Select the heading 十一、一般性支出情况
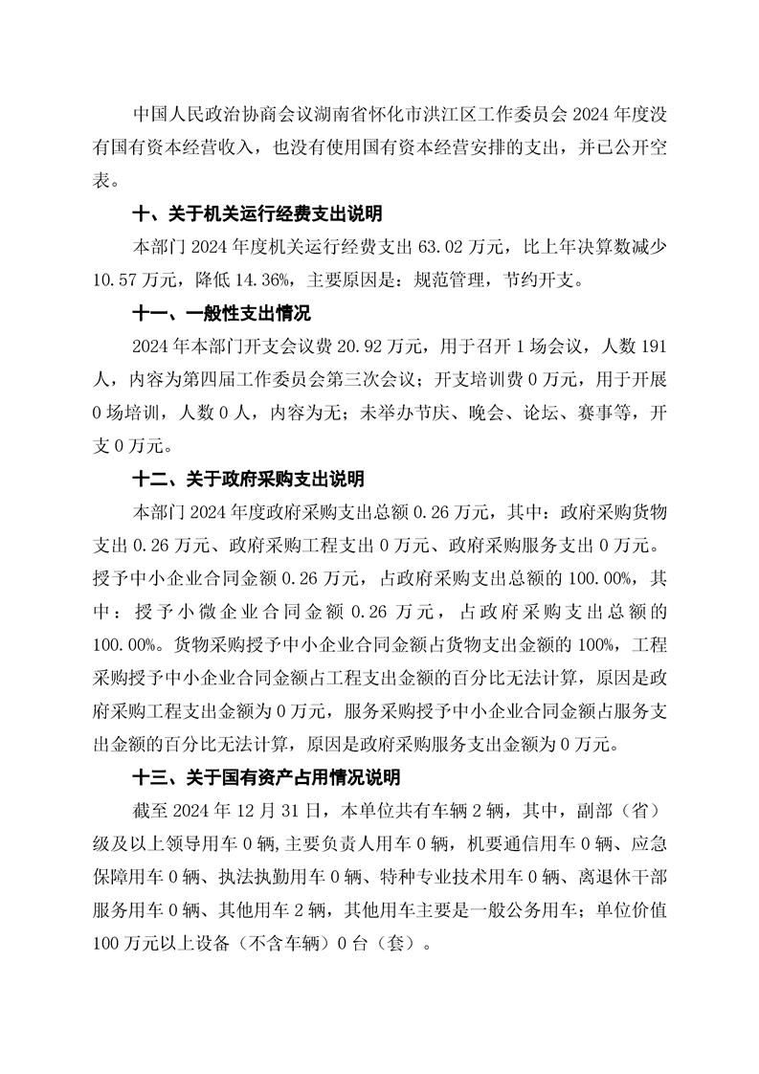pyautogui.click(x=221, y=313)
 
